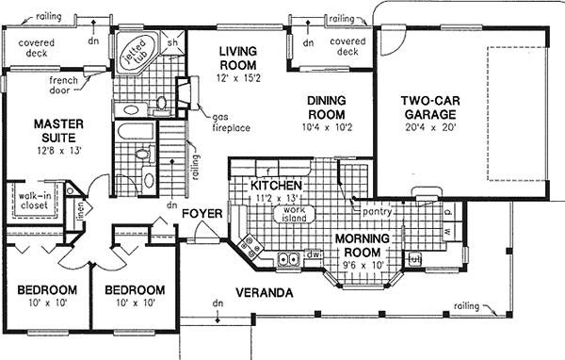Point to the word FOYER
pyautogui.click(x=202, y=214)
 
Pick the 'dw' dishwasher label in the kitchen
pyautogui.click(x=317, y=254)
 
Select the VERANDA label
pyautogui.click(x=265, y=292)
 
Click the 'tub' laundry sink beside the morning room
pyautogui.click(x=413, y=257)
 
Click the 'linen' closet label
pyautogui.click(x=80, y=214)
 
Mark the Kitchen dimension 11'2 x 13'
pyautogui.click(x=276, y=200)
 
